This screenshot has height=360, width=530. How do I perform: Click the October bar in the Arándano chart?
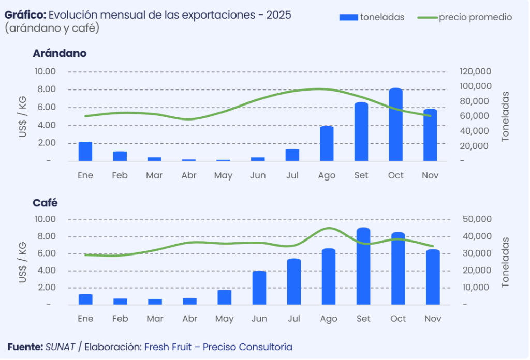pyautogui.click(x=396, y=125)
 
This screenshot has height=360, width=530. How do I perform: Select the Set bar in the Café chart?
pyautogui.click(x=363, y=266)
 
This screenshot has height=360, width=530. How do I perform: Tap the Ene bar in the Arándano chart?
pyautogui.click(x=85, y=152)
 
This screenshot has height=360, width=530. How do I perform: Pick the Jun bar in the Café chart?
pyautogui.click(x=259, y=288)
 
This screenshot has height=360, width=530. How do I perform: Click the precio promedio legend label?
pyautogui.click(x=475, y=17)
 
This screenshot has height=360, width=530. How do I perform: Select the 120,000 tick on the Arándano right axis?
pyautogui.click(x=475, y=71)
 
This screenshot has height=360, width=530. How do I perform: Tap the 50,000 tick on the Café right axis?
pyautogui.click(x=475, y=219)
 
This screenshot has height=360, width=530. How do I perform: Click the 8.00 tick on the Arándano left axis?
pyautogui.click(x=46, y=89)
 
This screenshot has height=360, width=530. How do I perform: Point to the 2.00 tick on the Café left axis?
pyautogui.click(x=46, y=288)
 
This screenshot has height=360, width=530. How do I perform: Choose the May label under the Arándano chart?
pyautogui.click(x=224, y=176)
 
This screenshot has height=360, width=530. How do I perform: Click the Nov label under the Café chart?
pyautogui.click(x=433, y=319)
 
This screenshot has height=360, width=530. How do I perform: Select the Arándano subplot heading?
pyautogui.click(x=60, y=53)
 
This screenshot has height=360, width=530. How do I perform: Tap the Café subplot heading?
pyautogui.click(x=45, y=203)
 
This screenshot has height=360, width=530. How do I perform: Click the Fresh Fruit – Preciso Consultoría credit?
pyautogui.click(x=218, y=347)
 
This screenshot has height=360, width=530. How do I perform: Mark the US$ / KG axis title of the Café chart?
pyautogui.click(x=23, y=262)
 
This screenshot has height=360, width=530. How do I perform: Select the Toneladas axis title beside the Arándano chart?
pyautogui.click(x=505, y=116)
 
